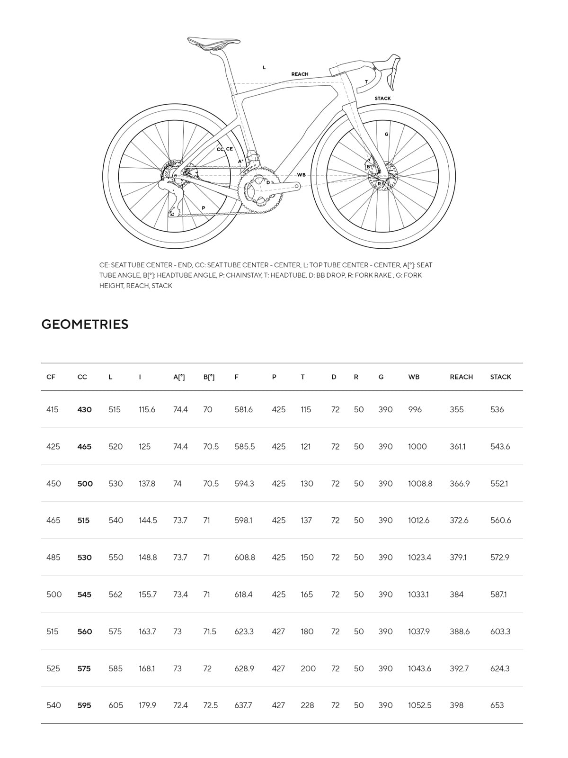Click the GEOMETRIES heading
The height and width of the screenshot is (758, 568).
(x=85, y=324)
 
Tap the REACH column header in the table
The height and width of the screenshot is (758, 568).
(x=461, y=377)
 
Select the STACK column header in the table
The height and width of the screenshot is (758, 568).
(x=500, y=377)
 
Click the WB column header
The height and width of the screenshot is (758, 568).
(x=414, y=377)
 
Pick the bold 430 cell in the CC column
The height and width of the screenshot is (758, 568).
(x=84, y=410)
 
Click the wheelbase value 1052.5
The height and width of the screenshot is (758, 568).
(x=419, y=705)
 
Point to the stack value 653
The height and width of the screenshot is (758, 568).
(x=497, y=705)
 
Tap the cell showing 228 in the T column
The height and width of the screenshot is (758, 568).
(x=307, y=705)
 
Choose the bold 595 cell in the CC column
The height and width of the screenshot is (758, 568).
(x=84, y=705)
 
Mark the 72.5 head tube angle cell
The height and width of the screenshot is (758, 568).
(x=210, y=705)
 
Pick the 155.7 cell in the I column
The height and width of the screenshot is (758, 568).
(x=148, y=595)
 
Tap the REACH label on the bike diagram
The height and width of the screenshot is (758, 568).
(x=300, y=74)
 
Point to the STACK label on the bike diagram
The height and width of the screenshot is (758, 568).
(x=382, y=99)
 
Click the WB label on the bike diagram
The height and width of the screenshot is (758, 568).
(x=301, y=175)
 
